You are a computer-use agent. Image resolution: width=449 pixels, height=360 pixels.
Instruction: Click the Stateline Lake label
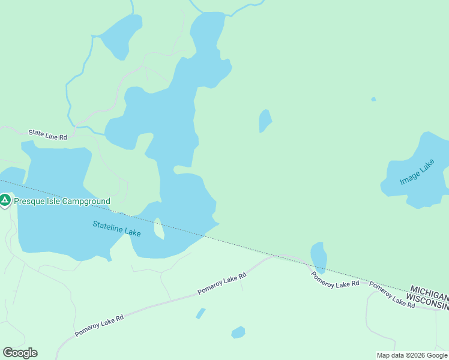click(x=116, y=229)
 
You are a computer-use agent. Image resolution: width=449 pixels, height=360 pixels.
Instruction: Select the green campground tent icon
click(x=5, y=200)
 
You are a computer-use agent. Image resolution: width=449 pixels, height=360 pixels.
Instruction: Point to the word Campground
click(x=86, y=202)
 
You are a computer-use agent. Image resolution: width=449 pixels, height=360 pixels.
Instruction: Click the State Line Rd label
click(x=48, y=135)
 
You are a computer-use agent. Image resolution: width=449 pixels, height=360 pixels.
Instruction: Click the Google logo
click(x=20, y=353)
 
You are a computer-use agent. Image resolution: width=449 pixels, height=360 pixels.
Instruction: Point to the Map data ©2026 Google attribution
click(x=412, y=355)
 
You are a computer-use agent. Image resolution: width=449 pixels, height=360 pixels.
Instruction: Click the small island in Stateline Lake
click(x=159, y=229)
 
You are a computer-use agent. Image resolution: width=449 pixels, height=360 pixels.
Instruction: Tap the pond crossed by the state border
click(x=319, y=257)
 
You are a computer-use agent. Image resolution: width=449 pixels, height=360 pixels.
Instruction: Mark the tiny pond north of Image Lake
click(x=373, y=99)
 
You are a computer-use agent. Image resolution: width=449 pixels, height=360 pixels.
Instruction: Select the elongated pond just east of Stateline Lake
click(x=264, y=121)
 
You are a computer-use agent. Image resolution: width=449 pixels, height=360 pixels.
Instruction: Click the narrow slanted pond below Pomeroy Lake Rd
click(x=200, y=313)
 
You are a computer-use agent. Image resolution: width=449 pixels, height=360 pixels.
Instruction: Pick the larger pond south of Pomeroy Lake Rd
click(x=238, y=332)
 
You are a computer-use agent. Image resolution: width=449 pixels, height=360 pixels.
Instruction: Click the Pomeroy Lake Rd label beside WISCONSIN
click(x=392, y=295)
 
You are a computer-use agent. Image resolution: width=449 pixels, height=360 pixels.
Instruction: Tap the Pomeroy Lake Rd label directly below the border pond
click(x=335, y=279)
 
